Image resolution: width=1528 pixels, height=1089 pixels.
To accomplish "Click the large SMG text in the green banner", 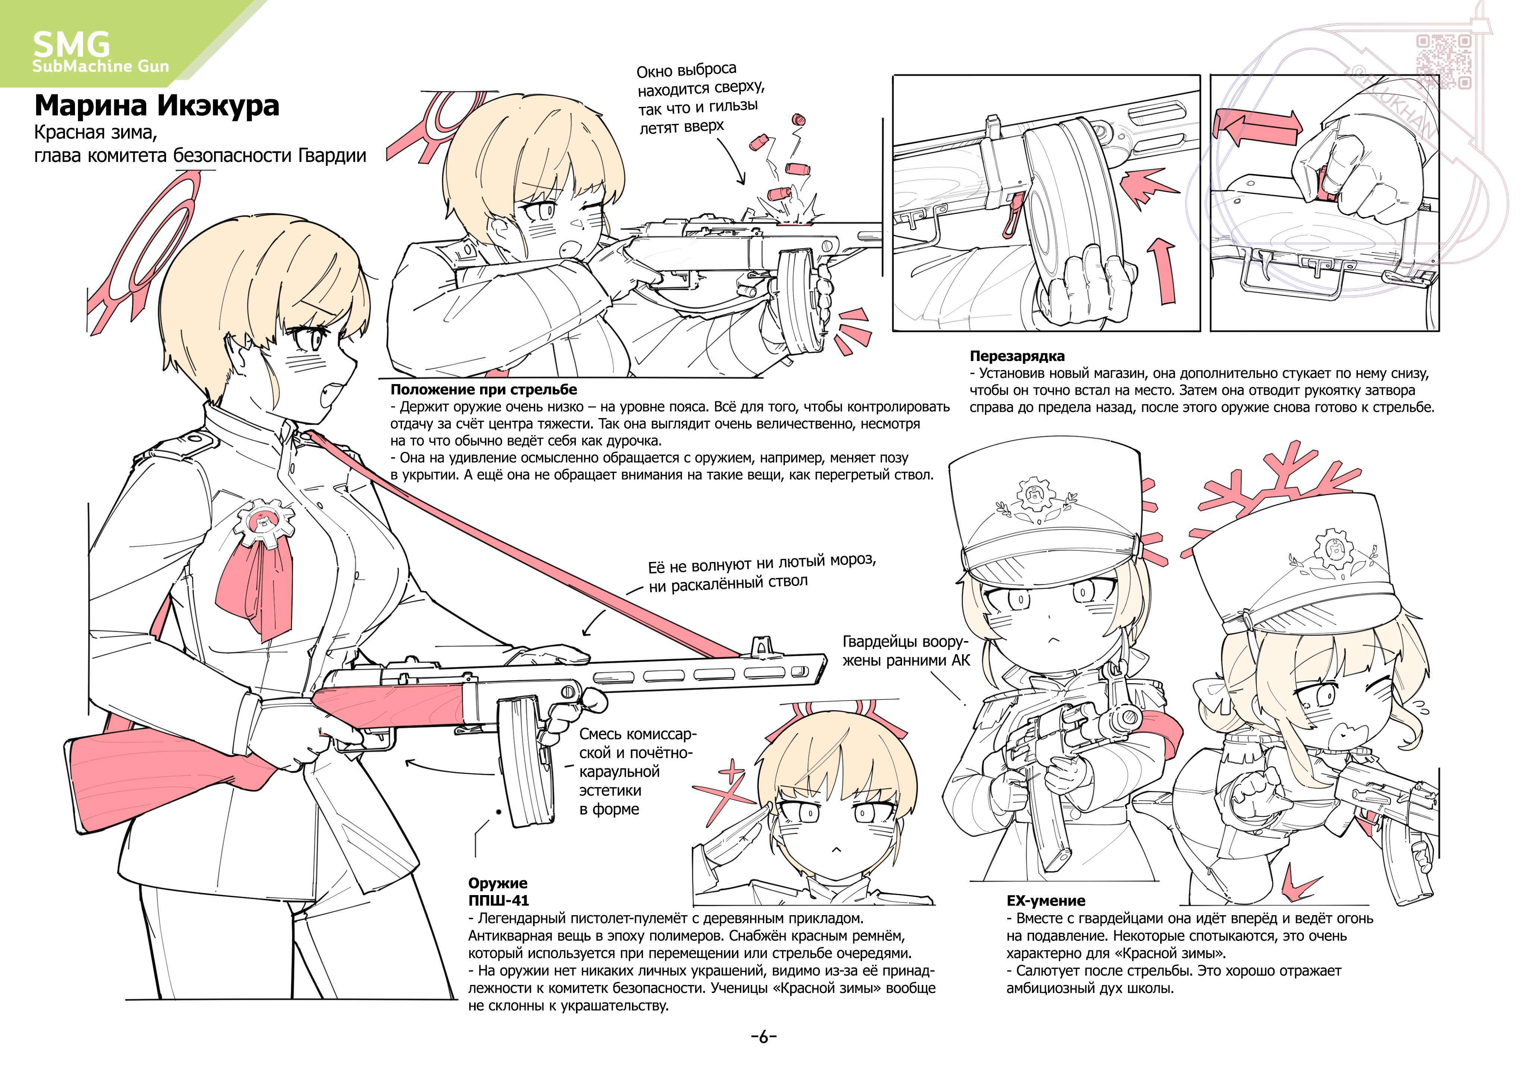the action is point(71,44).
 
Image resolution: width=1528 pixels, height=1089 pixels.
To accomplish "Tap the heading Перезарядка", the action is point(1017,356).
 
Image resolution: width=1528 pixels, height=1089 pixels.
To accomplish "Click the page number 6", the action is point(763,1037).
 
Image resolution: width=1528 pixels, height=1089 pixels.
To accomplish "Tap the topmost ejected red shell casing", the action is point(798,119).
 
